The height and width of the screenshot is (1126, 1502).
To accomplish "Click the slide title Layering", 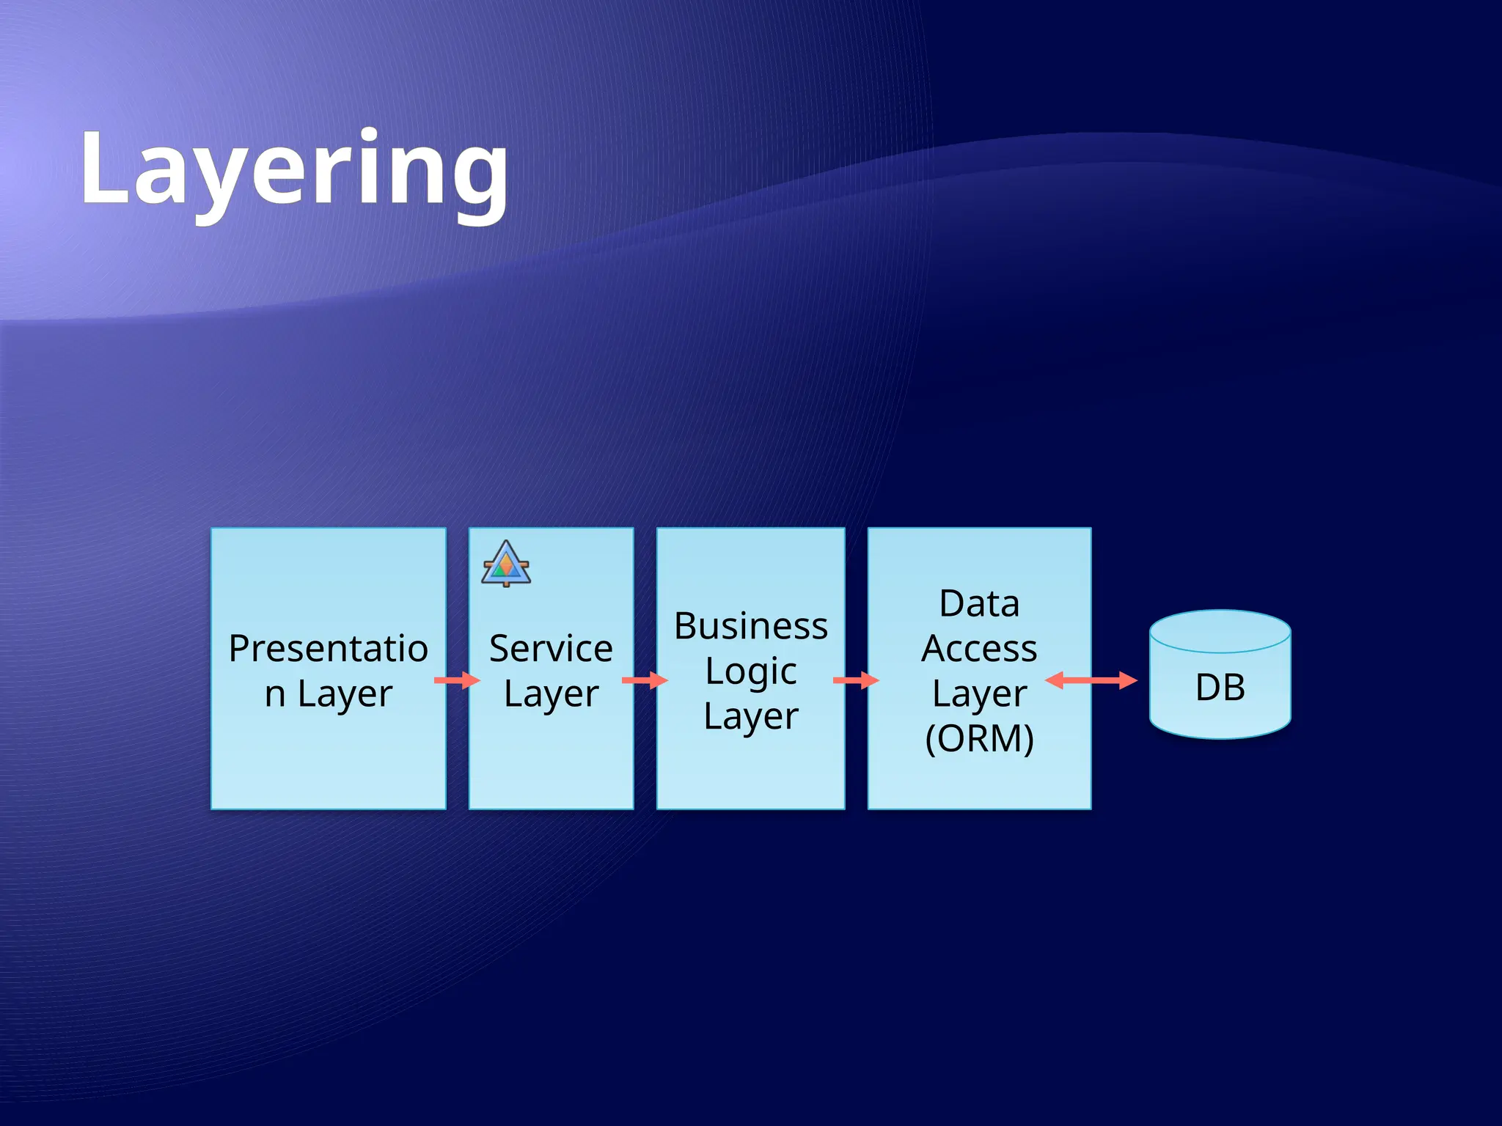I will point(293,170).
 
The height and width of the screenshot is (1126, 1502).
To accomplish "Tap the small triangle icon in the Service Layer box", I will point(506,564).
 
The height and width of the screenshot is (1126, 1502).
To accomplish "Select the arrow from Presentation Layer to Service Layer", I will point(457,681).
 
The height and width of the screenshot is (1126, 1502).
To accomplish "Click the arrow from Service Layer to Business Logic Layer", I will point(645,681).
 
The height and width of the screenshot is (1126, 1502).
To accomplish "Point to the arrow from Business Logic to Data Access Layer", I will point(856,681).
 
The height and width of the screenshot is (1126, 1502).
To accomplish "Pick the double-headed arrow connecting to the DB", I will point(1091,681).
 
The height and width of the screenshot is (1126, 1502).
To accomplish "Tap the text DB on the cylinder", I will point(1220,688).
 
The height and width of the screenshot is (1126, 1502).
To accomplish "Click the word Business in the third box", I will point(751,626).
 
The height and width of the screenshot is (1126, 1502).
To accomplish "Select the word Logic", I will point(751,671).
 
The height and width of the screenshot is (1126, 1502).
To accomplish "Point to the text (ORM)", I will point(979,738).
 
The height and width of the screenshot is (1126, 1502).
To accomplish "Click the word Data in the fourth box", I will point(979,604).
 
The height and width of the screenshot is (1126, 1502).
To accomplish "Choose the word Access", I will point(979,649).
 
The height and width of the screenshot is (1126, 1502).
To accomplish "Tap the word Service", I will point(551,649).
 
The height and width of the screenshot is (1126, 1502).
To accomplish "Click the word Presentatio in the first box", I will point(329,649).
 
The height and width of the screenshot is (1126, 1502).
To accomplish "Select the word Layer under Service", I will point(551,693).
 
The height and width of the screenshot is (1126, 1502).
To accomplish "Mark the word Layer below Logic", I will point(751,716).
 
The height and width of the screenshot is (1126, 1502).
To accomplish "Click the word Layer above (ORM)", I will point(979,693).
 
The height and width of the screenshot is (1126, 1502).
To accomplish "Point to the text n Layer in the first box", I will point(329,693).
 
